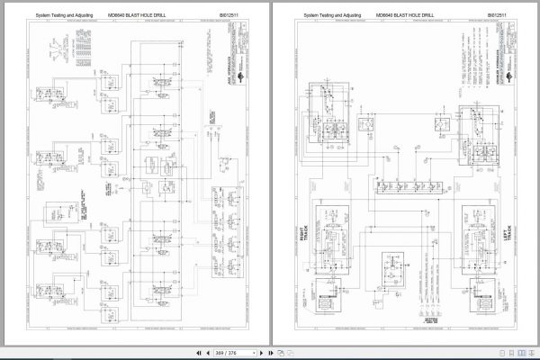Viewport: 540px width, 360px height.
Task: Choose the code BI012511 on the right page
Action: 496,15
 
